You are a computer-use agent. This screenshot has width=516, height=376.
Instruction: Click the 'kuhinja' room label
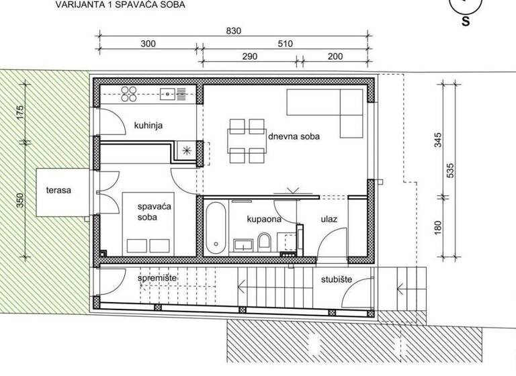pyautogui.click(x=148, y=125)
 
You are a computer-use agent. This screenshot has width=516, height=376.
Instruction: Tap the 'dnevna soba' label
pyautogui.click(x=294, y=136)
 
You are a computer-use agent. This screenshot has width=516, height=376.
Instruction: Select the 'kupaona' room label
pyautogui.click(x=263, y=219)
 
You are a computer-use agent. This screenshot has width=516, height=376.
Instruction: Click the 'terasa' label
pyautogui.click(x=58, y=190)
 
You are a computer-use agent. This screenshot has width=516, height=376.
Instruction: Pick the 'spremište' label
pyautogui.click(x=157, y=277)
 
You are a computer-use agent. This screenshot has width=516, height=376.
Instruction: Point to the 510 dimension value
pyautogui.click(x=285, y=44)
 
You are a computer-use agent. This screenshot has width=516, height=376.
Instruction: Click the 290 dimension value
pyautogui.click(x=250, y=57)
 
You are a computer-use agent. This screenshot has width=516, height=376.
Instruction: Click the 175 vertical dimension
pyautogui.click(x=20, y=113)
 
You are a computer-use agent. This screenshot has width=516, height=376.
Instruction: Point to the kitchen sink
pyautogui.click(x=168, y=93)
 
